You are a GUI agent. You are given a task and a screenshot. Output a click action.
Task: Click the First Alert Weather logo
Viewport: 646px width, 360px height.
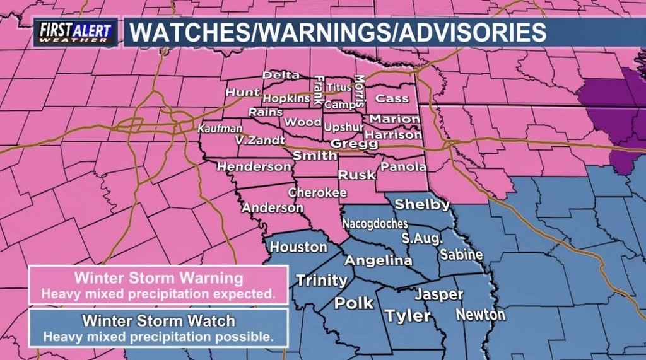click(x=75, y=32)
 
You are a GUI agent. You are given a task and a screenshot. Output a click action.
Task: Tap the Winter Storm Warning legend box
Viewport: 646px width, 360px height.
click(x=158, y=285)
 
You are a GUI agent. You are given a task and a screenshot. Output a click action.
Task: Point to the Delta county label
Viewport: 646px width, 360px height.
click(x=281, y=75)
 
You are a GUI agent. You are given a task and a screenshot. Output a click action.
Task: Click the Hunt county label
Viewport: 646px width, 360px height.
click(x=243, y=92)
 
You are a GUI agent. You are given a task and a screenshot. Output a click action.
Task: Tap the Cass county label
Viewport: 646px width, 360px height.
click(x=392, y=98)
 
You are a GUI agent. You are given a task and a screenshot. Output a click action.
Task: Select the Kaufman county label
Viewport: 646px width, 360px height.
click(x=216, y=128)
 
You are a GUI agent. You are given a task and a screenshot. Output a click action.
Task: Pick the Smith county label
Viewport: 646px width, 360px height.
click(x=315, y=155)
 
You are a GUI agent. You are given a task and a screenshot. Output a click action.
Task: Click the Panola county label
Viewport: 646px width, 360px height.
click(x=404, y=167)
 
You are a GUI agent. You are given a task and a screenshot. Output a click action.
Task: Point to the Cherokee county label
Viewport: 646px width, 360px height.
click(x=317, y=192)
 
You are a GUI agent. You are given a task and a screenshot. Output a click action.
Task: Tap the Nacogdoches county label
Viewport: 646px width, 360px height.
click(x=375, y=224)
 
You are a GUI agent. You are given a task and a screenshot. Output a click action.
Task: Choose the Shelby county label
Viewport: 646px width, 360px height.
click(x=422, y=204)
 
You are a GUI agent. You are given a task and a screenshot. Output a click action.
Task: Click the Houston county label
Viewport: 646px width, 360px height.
click(x=298, y=247)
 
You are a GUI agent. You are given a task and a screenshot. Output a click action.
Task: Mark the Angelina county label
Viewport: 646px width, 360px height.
click(x=379, y=260)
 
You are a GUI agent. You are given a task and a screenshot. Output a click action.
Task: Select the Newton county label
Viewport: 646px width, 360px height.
click(x=481, y=314)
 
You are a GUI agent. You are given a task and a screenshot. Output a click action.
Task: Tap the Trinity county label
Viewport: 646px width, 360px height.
click(x=322, y=281)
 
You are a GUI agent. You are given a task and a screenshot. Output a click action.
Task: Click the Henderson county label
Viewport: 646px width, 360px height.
click(x=254, y=167)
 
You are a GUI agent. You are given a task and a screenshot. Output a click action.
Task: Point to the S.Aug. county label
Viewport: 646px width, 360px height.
click(x=423, y=239)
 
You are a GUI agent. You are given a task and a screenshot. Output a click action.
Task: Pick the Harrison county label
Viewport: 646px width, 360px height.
click(x=393, y=134)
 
